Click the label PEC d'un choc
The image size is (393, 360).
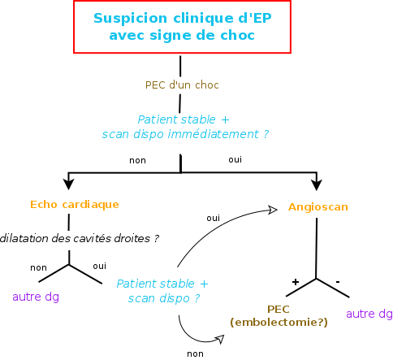click(x=182, y=85)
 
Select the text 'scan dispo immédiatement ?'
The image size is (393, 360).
click(x=185, y=134)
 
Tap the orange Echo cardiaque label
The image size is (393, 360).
click(x=75, y=205)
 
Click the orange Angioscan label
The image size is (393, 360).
click(x=318, y=207)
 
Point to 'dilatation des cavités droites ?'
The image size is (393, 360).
click(x=80, y=238)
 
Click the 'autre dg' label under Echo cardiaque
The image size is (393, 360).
click(x=36, y=297)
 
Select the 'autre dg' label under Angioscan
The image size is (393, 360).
click(x=369, y=314)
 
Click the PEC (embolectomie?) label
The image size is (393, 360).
click(x=279, y=316)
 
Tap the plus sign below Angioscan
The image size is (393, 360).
click(x=296, y=282)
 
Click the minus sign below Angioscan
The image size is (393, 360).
click(x=338, y=282)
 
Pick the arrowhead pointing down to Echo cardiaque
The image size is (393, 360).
click(x=68, y=184)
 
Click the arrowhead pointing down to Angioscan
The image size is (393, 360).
click(x=317, y=184)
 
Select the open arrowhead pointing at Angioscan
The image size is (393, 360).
click(x=272, y=210)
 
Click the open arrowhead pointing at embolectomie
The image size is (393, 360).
click(x=219, y=340)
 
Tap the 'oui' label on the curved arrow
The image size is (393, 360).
click(x=214, y=218)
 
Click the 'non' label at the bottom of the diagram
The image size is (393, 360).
click(x=195, y=353)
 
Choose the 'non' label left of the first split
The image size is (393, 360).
click(x=137, y=160)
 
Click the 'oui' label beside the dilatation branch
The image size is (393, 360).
click(x=100, y=266)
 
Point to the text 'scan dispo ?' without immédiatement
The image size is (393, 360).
click(x=164, y=298)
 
